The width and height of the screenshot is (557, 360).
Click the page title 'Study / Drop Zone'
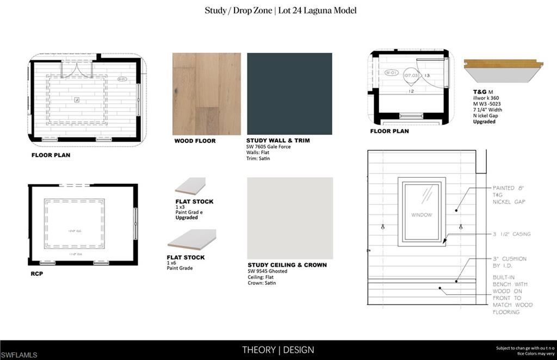click(238, 10)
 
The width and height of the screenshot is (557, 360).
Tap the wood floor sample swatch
click(207, 94)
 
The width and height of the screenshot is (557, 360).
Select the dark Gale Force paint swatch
click(289, 93)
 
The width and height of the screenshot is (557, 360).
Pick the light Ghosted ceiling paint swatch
click(290, 218)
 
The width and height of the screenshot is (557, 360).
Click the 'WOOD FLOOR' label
click(195, 141)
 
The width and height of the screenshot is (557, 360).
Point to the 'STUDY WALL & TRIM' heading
click(278, 140)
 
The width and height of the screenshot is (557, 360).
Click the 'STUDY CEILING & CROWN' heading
click(287, 265)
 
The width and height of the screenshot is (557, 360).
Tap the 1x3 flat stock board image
click(190, 186)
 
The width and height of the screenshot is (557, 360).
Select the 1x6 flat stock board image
click(191, 239)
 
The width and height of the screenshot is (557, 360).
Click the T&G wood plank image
click(503, 70)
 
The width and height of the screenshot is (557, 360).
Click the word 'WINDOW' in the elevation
click(422, 215)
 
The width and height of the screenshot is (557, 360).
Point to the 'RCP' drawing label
click(36, 274)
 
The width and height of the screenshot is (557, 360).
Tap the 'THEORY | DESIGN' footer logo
click(278, 350)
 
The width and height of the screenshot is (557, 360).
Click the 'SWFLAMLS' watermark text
click(19, 355)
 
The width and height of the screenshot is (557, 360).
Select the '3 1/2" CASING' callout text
click(511, 234)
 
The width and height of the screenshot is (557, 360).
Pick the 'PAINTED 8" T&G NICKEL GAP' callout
click(509, 194)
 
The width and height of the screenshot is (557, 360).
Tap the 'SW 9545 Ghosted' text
click(268, 271)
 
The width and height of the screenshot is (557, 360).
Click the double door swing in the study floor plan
click(77, 69)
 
